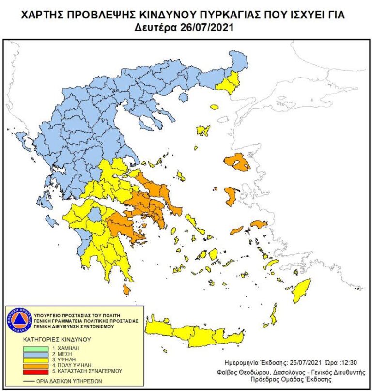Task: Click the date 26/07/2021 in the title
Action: [x=207, y=28]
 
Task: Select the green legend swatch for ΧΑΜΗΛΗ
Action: [x=35, y=348]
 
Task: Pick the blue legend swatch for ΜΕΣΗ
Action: [x=35, y=354]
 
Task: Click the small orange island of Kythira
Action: [x=126, y=290]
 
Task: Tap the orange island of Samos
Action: [x=259, y=224]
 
